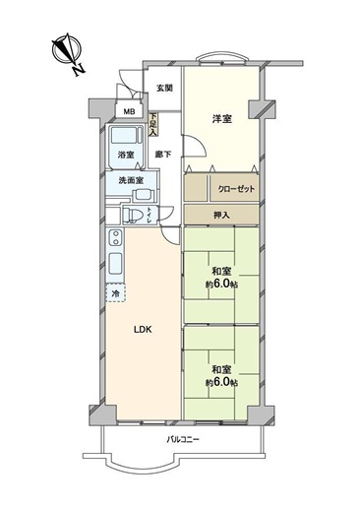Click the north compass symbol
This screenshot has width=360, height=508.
point(68,52)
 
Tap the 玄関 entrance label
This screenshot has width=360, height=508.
point(164,88)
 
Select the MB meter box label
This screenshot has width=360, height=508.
point(129,111)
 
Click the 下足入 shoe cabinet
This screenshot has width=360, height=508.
point(153,125)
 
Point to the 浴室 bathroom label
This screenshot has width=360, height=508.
point(126,155)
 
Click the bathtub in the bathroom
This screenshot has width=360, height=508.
point(126,135)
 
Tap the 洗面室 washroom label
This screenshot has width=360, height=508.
point(131,180)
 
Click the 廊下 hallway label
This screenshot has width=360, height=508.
point(163,155)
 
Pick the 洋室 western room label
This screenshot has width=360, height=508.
point(222,118)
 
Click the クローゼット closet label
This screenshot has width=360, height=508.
point(236,189)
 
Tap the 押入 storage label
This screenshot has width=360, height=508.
point(221,215)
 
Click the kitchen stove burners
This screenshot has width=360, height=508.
point(115,238)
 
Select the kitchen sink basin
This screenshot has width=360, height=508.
point(115,264)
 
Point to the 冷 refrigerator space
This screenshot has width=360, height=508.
point(115,293)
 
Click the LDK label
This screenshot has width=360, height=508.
point(143,330)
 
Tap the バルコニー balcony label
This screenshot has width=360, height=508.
point(183,440)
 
